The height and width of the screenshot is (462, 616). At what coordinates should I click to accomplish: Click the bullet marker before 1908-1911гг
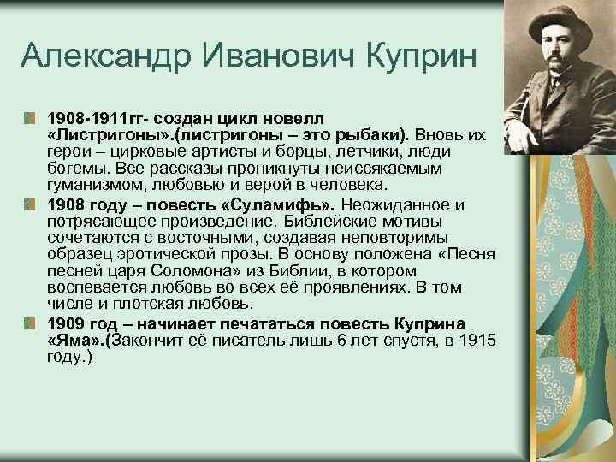tap(31, 115)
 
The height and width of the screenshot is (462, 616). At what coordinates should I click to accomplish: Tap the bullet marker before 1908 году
tap(31, 205)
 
